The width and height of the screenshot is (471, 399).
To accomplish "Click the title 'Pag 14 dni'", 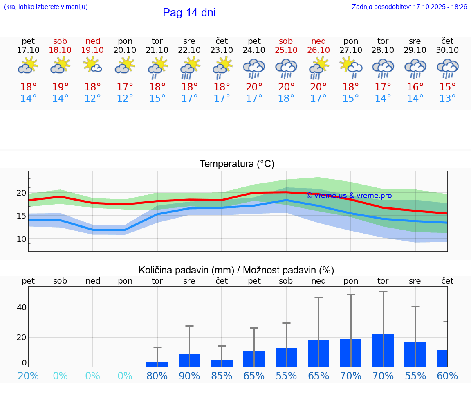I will coord(189,13).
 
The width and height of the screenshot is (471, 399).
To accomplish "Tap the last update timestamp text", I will coord(409,7).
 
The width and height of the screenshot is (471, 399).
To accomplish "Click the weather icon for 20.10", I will coord(125,65).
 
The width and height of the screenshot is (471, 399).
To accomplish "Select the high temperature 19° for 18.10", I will coord(60,87).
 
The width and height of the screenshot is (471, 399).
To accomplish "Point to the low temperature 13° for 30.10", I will coord(447,99).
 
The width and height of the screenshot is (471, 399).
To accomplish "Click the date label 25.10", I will coord(286,50).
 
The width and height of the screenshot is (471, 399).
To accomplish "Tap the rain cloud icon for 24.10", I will coord(254,68).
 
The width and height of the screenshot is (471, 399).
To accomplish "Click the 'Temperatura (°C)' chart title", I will coord(237,164).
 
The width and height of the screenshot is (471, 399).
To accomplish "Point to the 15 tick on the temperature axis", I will coord(21,216).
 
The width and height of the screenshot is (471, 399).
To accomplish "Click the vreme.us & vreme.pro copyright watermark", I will coord(349,196).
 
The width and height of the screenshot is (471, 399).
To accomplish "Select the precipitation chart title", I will coord(236,270).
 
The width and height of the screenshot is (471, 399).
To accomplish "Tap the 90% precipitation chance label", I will coord(189,376).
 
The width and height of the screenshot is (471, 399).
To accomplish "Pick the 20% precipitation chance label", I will coord(28,376).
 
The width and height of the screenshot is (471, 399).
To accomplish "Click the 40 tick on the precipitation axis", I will coord(21,307).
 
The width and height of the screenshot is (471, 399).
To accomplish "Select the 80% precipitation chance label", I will coord(157,376).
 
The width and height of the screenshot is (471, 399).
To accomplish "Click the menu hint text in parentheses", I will coord(46,7).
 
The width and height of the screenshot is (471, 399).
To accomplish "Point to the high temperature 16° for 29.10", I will coord(415,87).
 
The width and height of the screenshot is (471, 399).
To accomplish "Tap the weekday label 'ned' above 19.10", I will coord(93,41).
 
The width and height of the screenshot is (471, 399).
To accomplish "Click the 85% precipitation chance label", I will coord(222,376).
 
